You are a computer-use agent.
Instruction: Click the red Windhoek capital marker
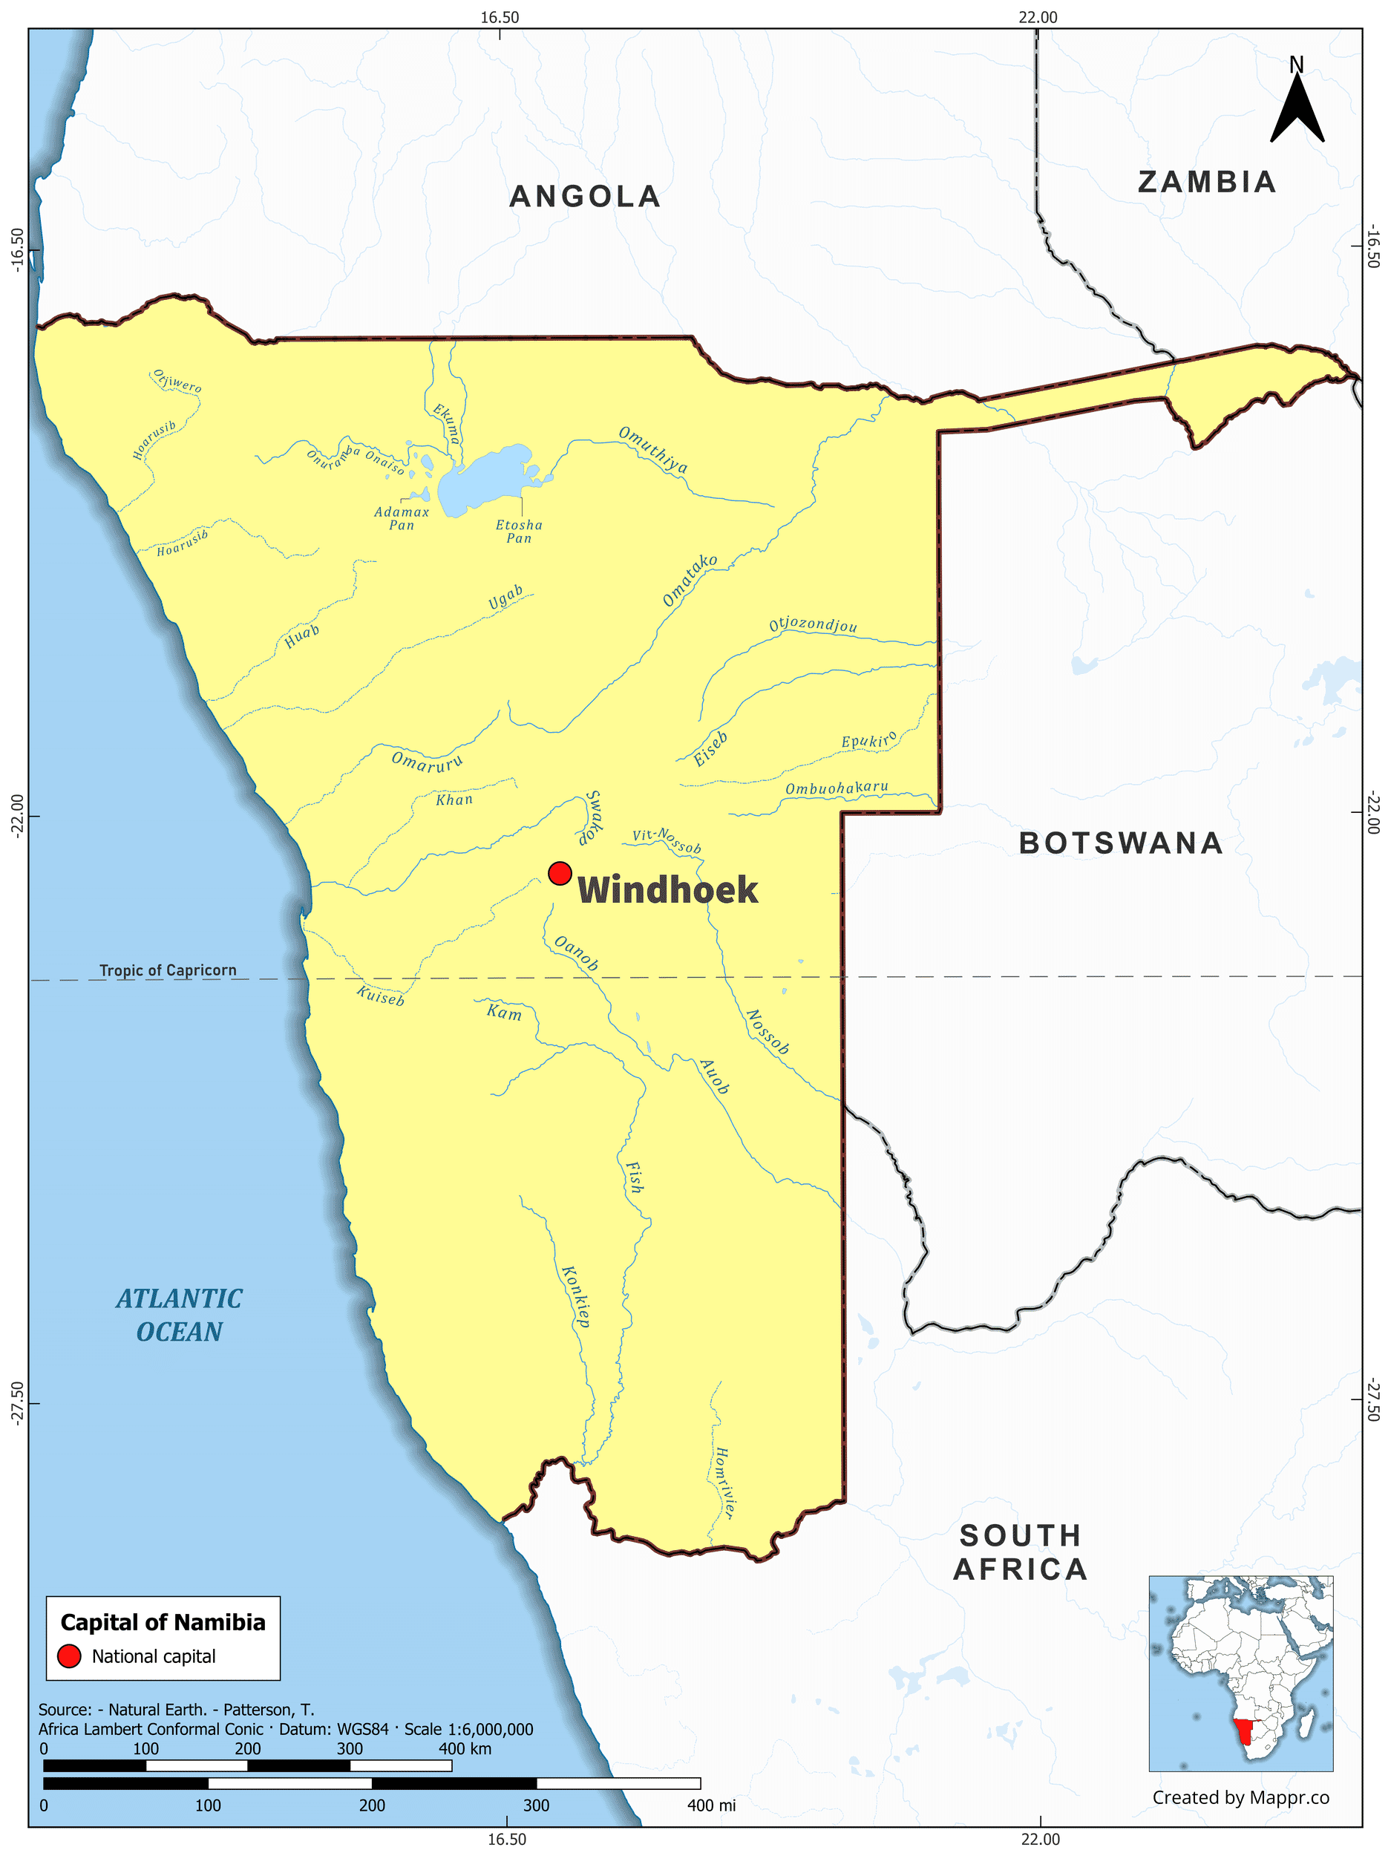click(560, 872)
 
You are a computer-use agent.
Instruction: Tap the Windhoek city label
click(668, 890)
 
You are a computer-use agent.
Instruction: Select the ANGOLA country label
click(585, 196)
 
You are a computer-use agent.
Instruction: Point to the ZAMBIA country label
click(1206, 182)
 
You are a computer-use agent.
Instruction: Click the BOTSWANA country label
click(1121, 843)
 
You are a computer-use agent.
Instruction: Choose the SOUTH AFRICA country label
click(1020, 1552)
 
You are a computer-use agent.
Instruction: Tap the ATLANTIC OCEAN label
click(180, 1315)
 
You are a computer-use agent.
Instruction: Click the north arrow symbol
click(1296, 105)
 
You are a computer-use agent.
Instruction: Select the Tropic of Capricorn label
click(168, 970)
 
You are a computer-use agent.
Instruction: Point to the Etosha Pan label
click(519, 531)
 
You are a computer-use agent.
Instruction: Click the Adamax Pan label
click(401, 517)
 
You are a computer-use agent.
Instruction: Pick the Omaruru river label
click(427, 762)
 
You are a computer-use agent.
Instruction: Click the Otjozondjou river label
click(813, 625)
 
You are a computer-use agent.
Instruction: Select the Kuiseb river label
click(380, 995)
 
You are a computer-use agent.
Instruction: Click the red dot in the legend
click(69, 1656)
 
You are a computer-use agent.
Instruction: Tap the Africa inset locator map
click(1240, 1673)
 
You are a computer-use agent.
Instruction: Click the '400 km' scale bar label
click(465, 1748)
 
